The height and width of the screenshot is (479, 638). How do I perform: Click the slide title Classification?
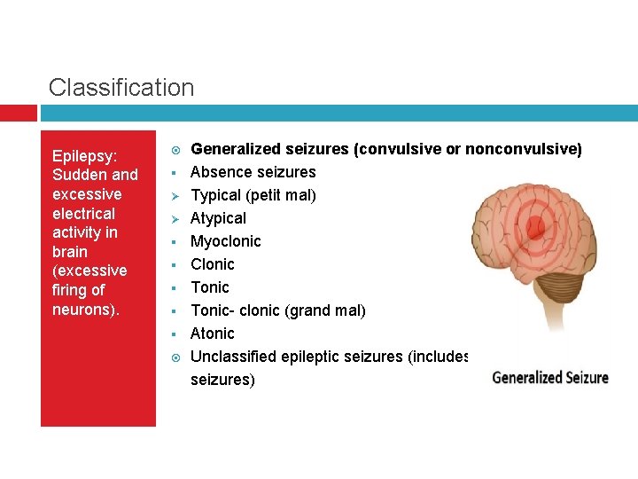[121, 88]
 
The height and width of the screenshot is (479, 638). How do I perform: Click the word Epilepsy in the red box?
[83, 155]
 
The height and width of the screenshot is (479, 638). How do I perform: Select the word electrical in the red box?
[83, 213]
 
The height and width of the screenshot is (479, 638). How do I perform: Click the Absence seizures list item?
[253, 172]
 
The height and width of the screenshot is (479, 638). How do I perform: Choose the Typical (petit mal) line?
[253, 195]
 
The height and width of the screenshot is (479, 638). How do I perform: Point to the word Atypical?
[218, 218]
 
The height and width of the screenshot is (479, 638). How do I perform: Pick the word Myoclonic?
[225, 241]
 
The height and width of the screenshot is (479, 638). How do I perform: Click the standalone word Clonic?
[213, 264]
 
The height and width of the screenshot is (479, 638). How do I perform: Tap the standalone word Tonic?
[210, 287]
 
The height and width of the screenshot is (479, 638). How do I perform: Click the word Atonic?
[213, 334]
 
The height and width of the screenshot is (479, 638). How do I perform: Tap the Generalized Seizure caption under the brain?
[549, 377]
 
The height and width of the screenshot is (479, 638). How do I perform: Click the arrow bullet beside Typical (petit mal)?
[175, 195]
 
